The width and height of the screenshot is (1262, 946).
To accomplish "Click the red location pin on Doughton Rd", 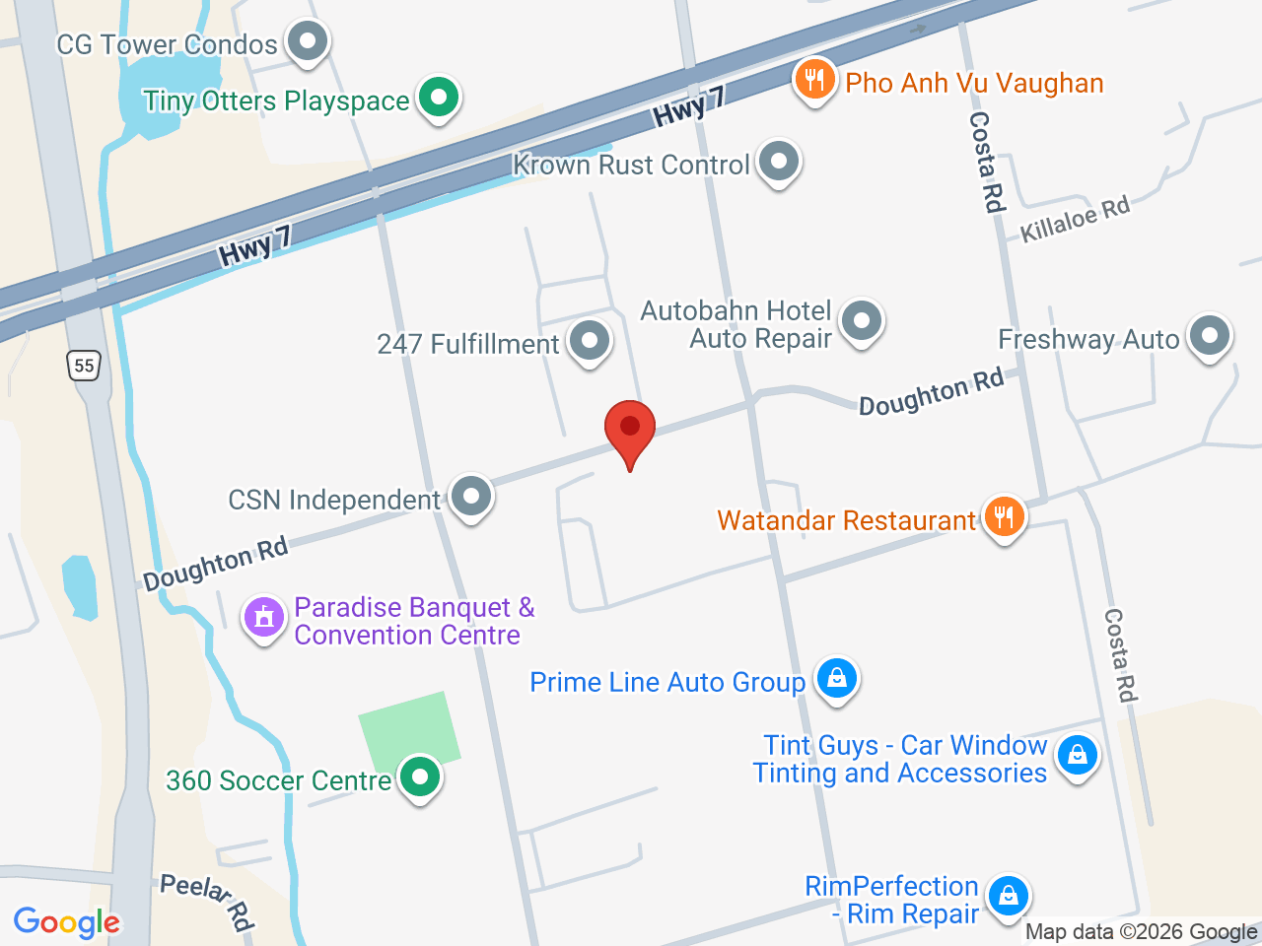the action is click(629, 430).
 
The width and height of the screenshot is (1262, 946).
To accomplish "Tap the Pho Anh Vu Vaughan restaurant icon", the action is click(814, 80).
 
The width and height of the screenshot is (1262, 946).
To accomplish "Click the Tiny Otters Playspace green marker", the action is click(438, 98).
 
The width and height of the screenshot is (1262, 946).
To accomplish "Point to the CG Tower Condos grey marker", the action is click(308, 42).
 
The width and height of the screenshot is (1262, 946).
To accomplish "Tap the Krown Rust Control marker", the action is click(779, 161).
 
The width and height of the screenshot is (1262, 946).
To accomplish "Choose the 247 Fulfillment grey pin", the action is click(590, 341).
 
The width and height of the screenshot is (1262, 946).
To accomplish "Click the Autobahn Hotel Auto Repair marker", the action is click(862, 320).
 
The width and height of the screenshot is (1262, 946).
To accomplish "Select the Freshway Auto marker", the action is click(1209, 336).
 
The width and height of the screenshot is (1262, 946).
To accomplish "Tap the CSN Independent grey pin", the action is click(471, 496).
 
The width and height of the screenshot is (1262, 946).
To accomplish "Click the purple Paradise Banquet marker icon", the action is click(263, 618).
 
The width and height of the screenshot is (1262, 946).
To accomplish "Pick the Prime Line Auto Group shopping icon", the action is click(836, 679).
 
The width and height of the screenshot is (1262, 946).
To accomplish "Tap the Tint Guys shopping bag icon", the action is click(1077, 756).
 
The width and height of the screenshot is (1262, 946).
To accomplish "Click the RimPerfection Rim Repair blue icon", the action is click(1008, 897).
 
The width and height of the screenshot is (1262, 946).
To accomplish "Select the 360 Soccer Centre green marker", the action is click(420, 777).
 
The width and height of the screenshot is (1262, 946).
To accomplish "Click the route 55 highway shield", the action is click(84, 366).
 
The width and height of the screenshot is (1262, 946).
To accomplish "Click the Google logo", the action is click(66, 922).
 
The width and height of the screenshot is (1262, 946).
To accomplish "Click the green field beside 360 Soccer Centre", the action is click(406, 729).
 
